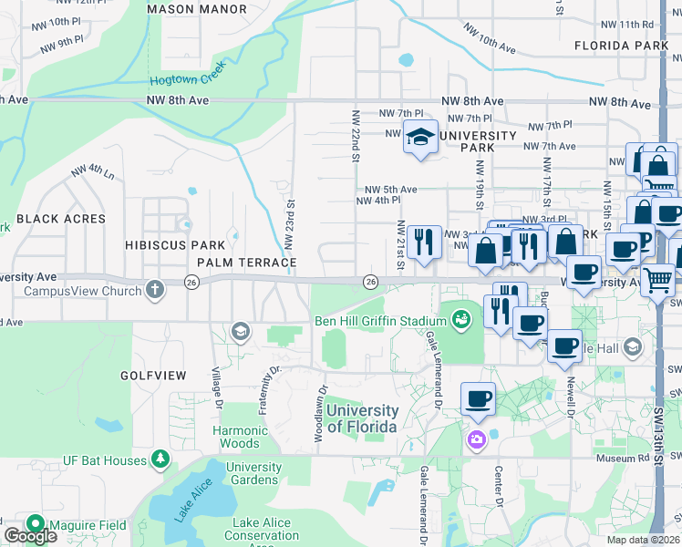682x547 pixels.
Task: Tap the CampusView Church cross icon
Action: [x=155, y=290]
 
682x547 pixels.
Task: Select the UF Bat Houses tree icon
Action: [x=160, y=458]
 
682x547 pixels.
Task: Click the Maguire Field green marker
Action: [x=36, y=524]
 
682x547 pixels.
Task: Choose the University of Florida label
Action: [x=362, y=419]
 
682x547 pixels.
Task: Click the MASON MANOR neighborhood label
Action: [x=196, y=9]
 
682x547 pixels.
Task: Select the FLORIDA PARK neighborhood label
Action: [x=621, y=45]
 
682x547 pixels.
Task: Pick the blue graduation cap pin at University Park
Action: [x=419, y=137]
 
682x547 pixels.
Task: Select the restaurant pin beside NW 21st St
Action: [x=424, y=243]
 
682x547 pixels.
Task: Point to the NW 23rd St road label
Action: [x=290, y=224]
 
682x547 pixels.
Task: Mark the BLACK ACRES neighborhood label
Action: [x=61, y=219]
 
